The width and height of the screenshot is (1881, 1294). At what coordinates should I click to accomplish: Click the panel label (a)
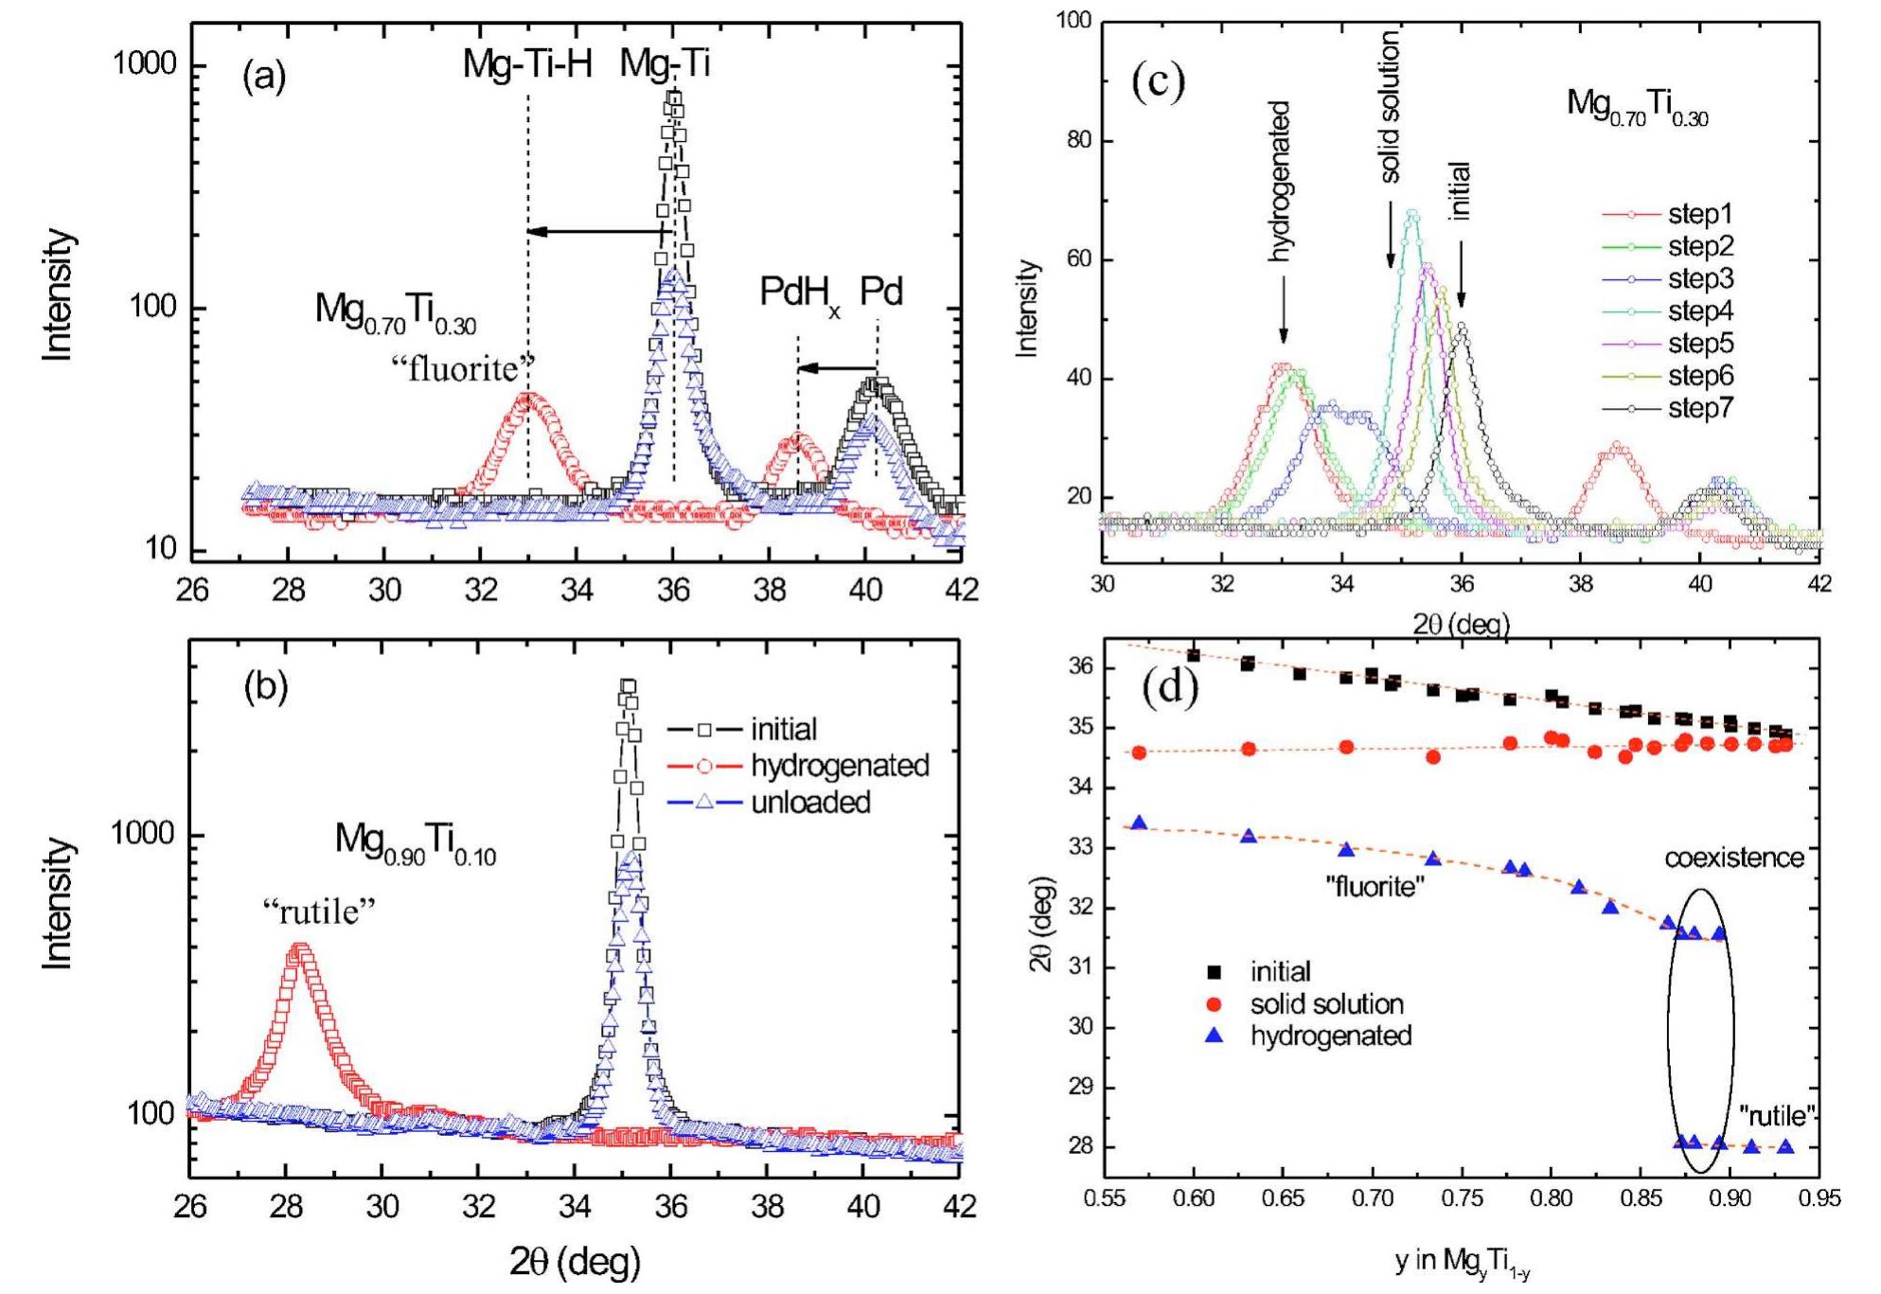coord(264,76)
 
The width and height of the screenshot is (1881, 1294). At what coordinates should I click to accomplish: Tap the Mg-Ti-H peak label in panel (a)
coord(527,64)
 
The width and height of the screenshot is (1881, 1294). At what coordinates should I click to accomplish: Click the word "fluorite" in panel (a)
coord(463,368)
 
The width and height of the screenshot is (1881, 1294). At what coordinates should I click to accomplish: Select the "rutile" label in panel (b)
coord(319,912)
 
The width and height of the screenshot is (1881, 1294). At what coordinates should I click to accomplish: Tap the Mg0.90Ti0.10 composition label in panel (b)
coord(415,842)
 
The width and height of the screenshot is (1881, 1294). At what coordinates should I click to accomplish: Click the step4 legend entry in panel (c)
coord(1700,311)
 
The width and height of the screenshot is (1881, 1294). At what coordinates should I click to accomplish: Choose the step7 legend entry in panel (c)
coord(1700,409)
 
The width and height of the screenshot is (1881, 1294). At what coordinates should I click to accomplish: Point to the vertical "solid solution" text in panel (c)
coord(1389,106)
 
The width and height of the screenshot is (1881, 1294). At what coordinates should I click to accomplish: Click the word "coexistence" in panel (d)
coord(1734,858)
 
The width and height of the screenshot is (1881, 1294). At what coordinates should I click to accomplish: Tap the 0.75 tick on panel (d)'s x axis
coord(1462,1199)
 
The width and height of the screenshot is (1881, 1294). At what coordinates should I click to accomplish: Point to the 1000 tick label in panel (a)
coord(145,64)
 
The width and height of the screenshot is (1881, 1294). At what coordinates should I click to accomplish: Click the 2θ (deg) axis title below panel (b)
coord(575,1261)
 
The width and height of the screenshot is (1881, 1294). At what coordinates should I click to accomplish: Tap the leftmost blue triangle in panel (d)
coord(1140,824)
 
